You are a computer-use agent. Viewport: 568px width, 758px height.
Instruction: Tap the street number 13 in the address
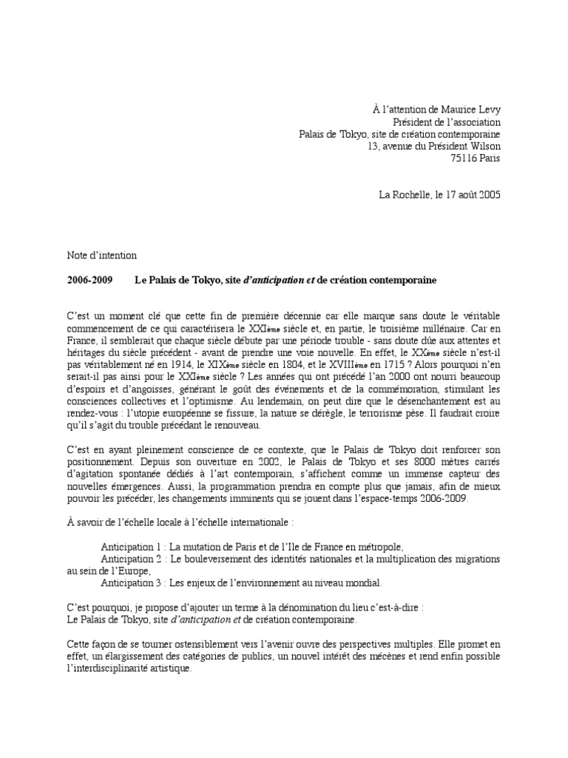[373, 146]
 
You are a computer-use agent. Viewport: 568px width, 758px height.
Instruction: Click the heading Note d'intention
[101, 255]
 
